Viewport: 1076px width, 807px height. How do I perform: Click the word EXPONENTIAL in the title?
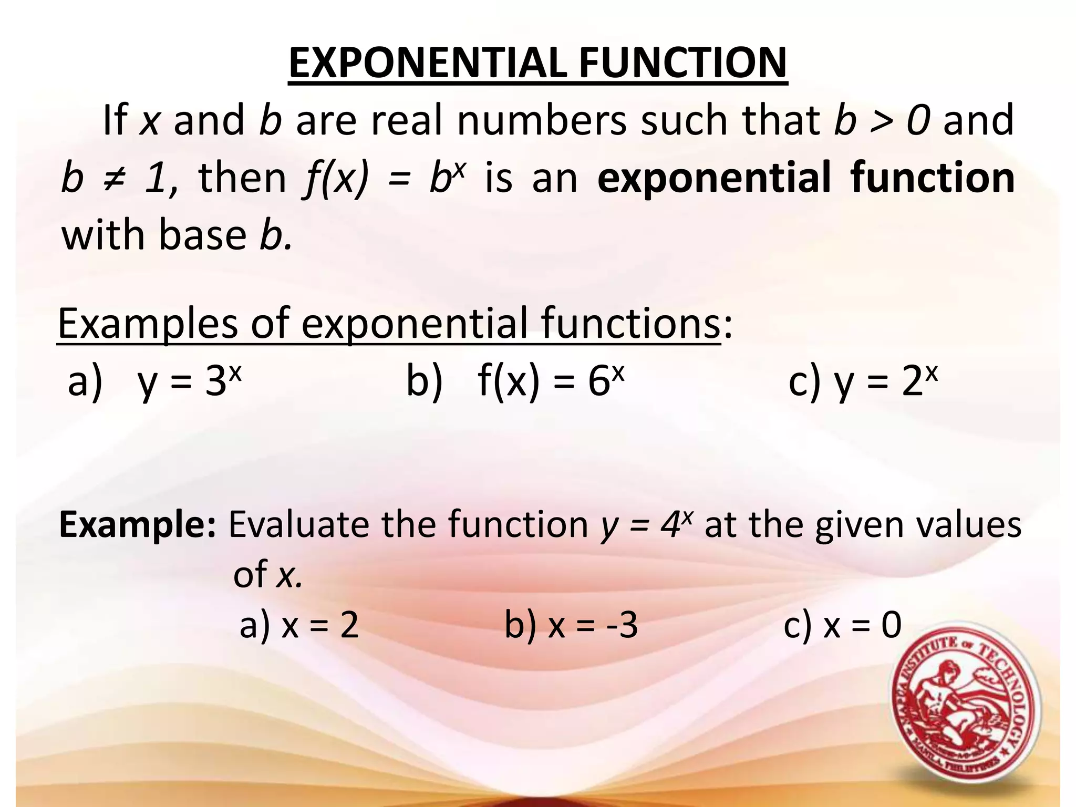(427, 63)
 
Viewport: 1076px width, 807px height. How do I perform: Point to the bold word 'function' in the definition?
(933, 178)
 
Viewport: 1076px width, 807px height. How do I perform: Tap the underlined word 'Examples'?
(148, 324)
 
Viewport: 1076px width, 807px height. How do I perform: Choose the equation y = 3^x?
(189, 381)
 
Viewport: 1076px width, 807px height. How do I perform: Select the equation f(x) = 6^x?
(551, 381)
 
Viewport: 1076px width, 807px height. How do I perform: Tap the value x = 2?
(320, 626)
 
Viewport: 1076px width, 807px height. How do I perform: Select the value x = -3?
(593, 626)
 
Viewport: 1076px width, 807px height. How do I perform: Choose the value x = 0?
(862, 626)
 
